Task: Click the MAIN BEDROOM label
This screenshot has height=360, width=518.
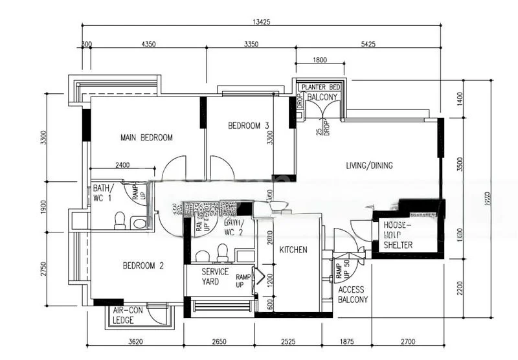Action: pos(147,137)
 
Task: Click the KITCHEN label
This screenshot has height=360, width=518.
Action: pos(293,250)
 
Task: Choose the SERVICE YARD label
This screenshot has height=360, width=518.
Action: pos(215,276)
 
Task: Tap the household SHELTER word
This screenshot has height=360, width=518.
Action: pos(398,245)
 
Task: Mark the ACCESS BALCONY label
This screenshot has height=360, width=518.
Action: pos(353,295)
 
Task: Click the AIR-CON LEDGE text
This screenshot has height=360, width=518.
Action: pos(128,315)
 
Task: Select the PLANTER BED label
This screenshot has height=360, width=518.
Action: pos(321,87)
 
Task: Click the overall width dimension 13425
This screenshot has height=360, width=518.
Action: pos(261,21)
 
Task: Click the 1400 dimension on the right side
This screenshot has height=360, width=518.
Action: pos(460,99)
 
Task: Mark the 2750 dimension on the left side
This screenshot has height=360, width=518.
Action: pos(43,270)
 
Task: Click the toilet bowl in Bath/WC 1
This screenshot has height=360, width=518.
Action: pos(119,222)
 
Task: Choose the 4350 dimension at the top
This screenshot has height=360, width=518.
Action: pos(148,45)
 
